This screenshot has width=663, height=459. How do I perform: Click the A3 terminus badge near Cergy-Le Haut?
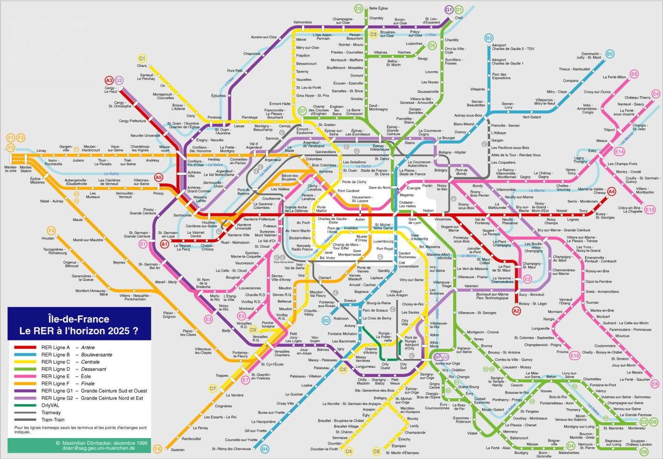[x=109, y=80]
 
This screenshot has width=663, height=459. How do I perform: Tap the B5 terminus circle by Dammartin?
[x=609, y=54]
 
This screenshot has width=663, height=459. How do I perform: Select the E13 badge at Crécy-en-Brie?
[x=650, y=210]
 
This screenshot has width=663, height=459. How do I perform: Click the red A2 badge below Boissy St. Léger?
[x=516, y=311]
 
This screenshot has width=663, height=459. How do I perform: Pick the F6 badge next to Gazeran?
[x=157, y=449]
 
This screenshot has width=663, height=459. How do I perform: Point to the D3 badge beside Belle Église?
[x=359, y=8]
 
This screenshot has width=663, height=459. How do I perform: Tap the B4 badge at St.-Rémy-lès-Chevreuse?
[x=264, y=449]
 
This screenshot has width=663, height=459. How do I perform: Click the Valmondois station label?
[x=302, y=22]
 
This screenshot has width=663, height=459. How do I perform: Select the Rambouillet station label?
[x=191, y=439]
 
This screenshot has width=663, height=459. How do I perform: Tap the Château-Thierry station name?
[x=637, y=98]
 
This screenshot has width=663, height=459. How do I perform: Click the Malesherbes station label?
[x=569, y=452]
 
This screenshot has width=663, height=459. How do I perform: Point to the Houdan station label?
[x=48, y=239]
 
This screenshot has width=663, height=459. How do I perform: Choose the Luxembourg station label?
[x=383, y=241]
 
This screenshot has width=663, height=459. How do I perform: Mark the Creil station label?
[x=459, y=18]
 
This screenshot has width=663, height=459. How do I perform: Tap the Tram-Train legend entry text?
[x=53, y=419]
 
